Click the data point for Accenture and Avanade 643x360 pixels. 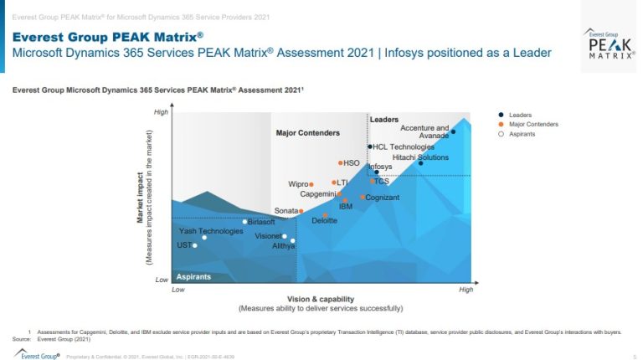[453, 131]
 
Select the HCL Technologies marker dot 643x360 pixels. [369, 147]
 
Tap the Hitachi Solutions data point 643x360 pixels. [421, 163]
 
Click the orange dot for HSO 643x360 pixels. [340, 163]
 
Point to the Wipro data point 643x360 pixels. [311, 184]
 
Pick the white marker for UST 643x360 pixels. [195, 245]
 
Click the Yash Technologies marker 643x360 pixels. [204, 238]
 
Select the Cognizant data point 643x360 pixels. [363, 198]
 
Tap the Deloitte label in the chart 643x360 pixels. [324, 220]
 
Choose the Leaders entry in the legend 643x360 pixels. [520, 116]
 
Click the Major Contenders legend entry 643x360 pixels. [533, 125]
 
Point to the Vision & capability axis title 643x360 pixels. [321, 299]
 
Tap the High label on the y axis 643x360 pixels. [161, 112]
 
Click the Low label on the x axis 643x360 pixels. [177, 290]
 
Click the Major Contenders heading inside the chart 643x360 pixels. [308, 133]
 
